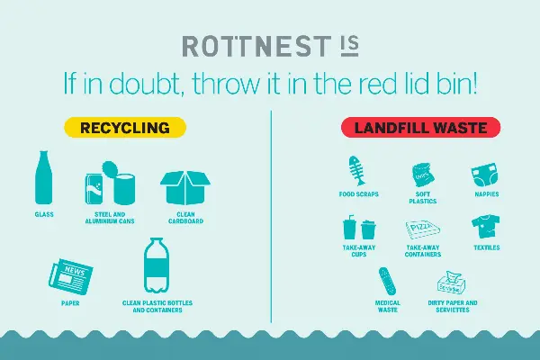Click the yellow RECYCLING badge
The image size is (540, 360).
125,128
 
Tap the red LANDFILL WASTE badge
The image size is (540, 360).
420,128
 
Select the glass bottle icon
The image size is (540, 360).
44,177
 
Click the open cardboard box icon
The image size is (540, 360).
185,187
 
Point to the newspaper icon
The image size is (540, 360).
71,276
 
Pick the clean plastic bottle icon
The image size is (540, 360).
157,265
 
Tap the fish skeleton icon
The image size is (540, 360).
356,171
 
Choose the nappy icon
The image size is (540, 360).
484,175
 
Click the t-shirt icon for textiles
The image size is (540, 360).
486,226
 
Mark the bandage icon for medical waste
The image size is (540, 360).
387,281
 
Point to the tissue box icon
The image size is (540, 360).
452,283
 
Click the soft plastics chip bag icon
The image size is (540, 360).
423,175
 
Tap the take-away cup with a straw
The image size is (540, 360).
349,228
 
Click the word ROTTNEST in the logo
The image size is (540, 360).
256,47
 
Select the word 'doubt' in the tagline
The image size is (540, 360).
144,84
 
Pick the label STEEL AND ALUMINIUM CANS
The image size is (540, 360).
110,218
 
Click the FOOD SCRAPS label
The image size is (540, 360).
358,194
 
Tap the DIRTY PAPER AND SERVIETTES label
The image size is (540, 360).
453,306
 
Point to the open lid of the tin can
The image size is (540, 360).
110,169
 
